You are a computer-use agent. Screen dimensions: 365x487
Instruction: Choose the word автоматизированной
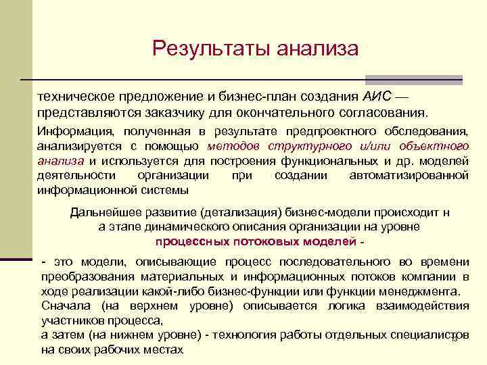point(409,176)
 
